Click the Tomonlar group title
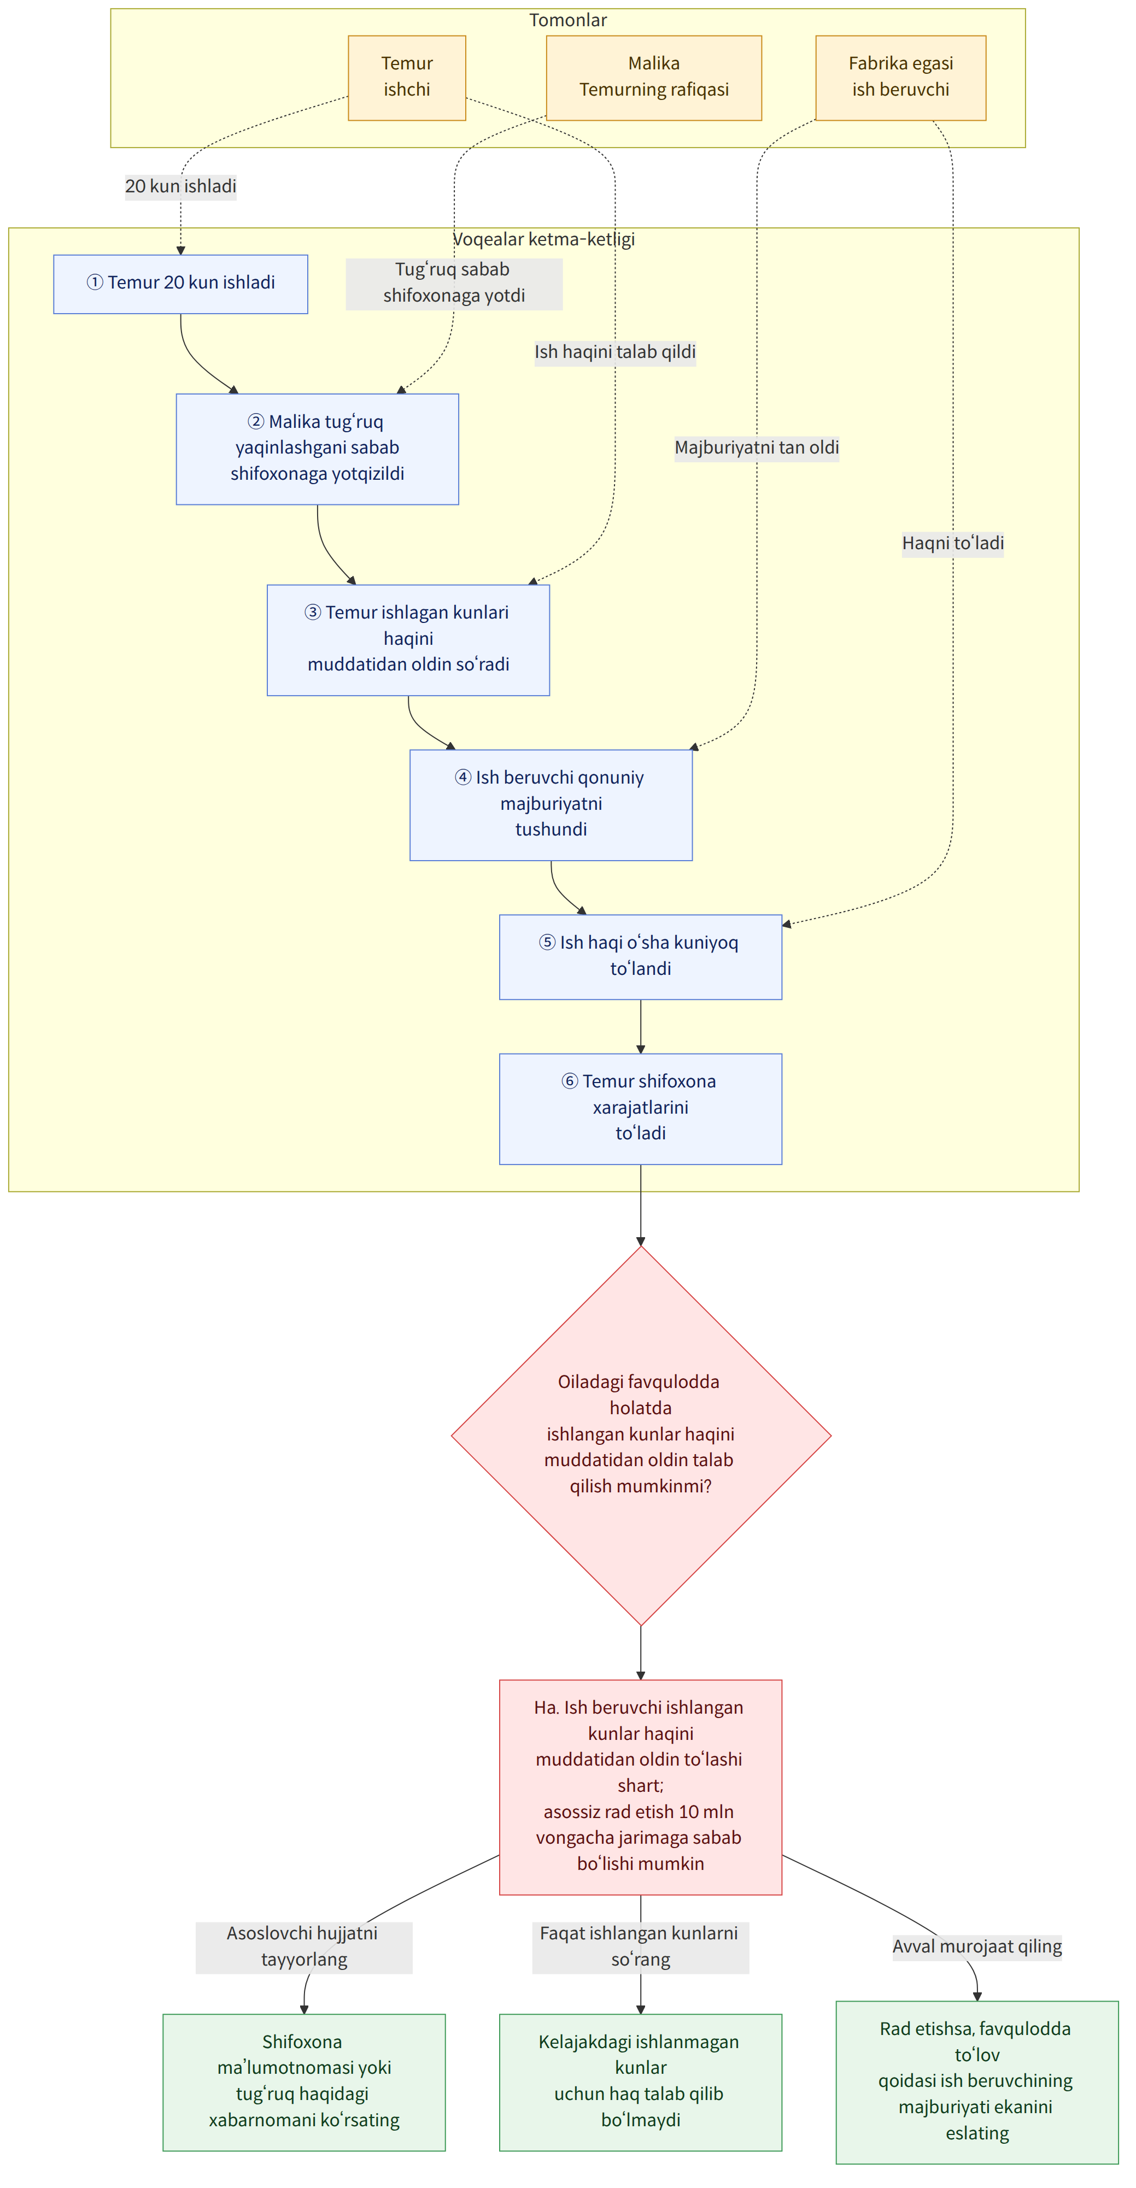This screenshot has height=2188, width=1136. tap(567, 20)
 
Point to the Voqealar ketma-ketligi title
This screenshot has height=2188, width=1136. tap(544, 239)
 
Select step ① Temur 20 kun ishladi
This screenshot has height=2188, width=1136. tap(180, 284)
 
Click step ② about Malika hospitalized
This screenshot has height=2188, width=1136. tap(317, 449)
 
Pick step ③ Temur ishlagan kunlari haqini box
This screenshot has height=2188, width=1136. tap(408, 639)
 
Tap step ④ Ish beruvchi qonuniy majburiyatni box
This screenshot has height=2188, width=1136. tap(551, 804)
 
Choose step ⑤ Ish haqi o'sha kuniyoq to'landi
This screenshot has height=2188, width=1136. tap(641, 956)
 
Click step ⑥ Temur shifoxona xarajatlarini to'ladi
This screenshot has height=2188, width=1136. tap(641, 1108)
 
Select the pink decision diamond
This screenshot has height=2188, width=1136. tap(641, 1436)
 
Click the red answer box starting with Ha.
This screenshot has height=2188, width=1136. tap(641, 1786)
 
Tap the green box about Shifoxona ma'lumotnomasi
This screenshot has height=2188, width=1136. tap(304, 2082)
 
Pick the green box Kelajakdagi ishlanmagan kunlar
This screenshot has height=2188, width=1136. tap(641, 2082)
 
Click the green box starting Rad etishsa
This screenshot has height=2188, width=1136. tap(977, 2082)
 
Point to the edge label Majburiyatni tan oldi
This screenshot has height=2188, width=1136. tap(756, 448)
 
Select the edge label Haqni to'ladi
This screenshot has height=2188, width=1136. tap(952, 543)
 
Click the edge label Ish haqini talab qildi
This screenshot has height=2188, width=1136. tap(615, 352)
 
